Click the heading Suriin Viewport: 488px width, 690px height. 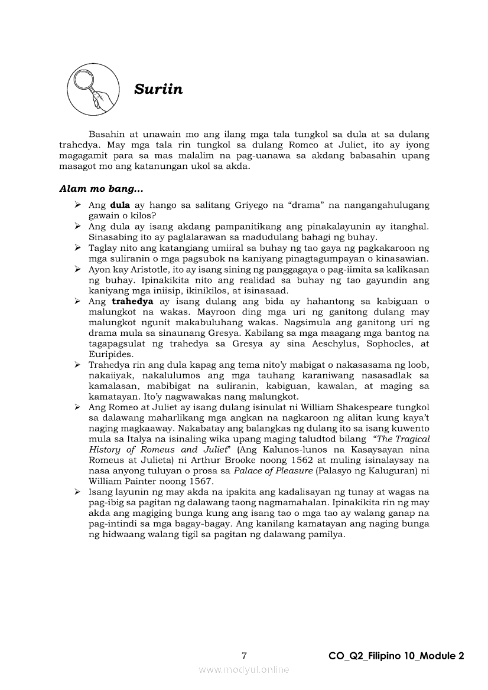coord(158,90)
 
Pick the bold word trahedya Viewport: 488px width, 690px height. coord(135,301)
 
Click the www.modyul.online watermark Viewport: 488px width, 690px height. coord(244,670)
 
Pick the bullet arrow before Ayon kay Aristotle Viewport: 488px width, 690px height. coord(77,269)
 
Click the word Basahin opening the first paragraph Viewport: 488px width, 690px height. coord(106,135)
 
